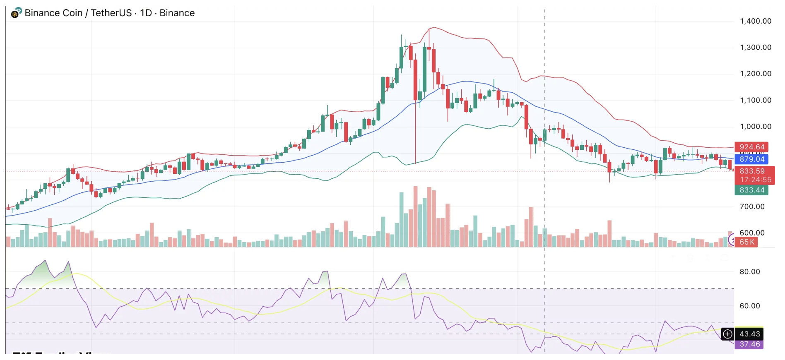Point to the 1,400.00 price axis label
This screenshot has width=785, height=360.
click(x=755, y=21)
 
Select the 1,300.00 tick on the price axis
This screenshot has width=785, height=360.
click(x=755, y=47)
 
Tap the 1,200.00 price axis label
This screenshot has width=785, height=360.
click(x=755, y=74)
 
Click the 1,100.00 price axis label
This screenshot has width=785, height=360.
click(x=755, y=100)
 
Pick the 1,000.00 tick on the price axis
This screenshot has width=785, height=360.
click(x=755, y=127)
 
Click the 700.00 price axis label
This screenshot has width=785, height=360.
click(x=752, y=206)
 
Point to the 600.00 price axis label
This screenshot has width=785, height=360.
click(x=752, y=233)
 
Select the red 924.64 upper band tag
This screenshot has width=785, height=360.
click(x=751, y=147)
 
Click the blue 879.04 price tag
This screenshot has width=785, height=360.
click(x=751, y=159)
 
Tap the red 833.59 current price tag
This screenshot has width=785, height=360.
click(x=752, y=171)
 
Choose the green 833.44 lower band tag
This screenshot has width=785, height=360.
click(x=751, y=190)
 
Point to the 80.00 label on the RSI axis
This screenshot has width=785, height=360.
click(x=749, y=272)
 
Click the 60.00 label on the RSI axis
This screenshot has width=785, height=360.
click(x=749, y=306)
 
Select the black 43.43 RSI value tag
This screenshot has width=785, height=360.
click(x=749, y=334)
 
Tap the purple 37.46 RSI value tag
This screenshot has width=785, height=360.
click(x=749, y=344)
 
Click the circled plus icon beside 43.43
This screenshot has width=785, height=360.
click(x=727, y=334)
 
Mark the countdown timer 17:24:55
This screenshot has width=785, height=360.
click(x=755, y=180)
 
